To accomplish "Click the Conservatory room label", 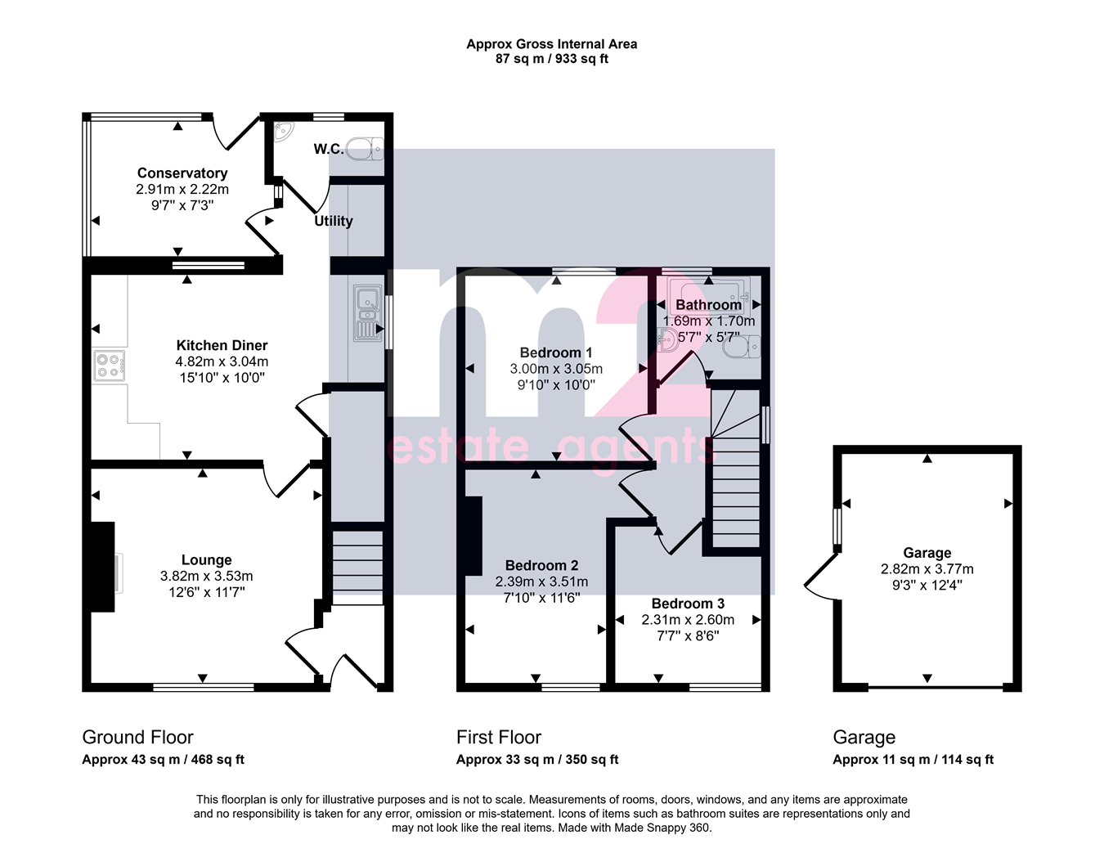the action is tap(182, 173).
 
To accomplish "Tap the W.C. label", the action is tap(329, 149).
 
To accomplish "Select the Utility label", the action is tap(334, 221).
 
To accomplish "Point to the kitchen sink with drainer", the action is tap(367, 313).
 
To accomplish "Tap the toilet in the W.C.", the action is tap(365, 148).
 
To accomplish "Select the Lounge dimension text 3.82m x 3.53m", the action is tap(206, 576).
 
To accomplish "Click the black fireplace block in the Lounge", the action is tap(103, 567).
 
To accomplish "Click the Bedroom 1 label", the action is tap(556, 352).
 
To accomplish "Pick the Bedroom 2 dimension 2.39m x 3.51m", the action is tap(541, 581).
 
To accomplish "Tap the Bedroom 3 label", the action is tap(688, 604).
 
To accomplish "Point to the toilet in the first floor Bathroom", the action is tap(743, 347).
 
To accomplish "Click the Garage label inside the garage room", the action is tap(927, 553).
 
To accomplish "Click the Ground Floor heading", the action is tap(137, 737).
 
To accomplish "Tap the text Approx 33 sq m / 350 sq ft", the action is tap(537, 760).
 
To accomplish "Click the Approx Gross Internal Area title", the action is tap(552, 44).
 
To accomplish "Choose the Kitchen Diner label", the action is tap(222, 345).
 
